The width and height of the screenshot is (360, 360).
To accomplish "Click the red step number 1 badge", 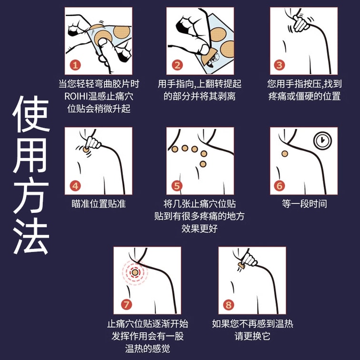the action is click(75, 65).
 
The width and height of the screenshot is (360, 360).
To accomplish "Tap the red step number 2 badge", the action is click(177, 65).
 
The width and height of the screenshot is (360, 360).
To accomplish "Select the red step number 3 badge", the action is click(279, 65).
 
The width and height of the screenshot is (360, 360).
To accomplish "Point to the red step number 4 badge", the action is click(75, 186).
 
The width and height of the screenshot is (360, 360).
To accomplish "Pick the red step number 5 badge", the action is click(177, 186).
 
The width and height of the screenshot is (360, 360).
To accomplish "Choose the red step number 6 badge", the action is click(279, 186).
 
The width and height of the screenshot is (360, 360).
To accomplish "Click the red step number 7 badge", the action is click(127, 305).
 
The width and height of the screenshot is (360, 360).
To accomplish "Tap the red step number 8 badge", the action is click(229, 305).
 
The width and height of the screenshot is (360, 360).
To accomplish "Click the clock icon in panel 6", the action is click(322, 140).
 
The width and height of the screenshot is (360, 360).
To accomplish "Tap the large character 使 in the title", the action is click(31, 114).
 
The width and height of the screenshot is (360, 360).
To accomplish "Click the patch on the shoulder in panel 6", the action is click(285, 154).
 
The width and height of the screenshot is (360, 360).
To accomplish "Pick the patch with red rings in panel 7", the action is click(135, 272).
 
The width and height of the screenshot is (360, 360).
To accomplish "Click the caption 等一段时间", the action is click(304, 204).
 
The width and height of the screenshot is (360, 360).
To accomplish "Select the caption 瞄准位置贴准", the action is click(99, 204).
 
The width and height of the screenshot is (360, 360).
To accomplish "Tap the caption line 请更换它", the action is click(252, 336).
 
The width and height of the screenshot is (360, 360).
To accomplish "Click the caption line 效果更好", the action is click(200, 229).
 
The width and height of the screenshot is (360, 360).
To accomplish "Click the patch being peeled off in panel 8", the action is click(241, 265).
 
